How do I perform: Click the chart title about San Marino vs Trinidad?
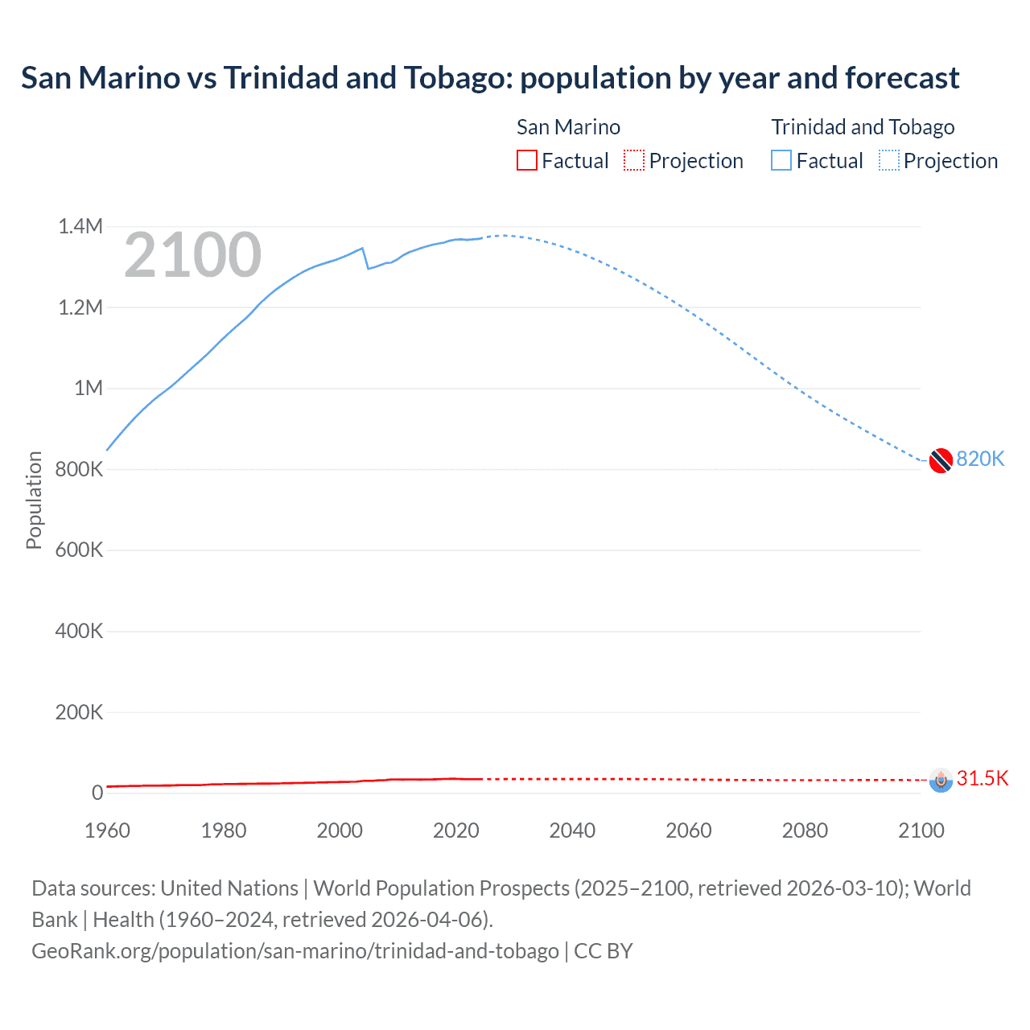coord(489,78)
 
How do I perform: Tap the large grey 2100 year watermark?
coord(192,255)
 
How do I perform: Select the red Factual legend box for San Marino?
coord(526,161)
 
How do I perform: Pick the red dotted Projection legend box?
coord(634,161)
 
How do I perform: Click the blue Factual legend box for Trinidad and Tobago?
coord(781,161)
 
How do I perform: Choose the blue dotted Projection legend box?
coord(888,161)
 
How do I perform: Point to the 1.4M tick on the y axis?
coord(80,226)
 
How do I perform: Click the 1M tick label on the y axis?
coord(89,388)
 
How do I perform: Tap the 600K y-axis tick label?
coord(79,550)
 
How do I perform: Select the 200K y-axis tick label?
coord(79,712)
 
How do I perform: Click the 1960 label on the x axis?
coord(107,830)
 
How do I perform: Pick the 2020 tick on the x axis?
coord(455,830)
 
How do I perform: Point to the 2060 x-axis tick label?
coord(688,830)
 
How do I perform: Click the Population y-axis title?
coord(34,500)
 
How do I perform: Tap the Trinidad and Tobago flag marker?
coord(941,460)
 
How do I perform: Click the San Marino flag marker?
coord(941,780)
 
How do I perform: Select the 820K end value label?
coord(980,459)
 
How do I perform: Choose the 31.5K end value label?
coord(982,778)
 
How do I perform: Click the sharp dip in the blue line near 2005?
coord(368,267)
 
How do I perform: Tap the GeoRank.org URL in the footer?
coord(295,950)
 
